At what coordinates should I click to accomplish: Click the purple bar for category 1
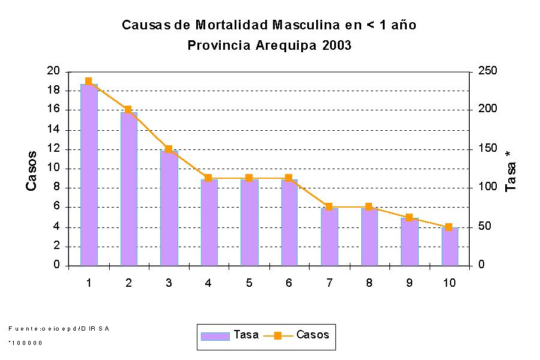coord(89,174)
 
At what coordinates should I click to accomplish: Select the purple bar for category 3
coord(169,207)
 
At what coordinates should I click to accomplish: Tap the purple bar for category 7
coord(329,236)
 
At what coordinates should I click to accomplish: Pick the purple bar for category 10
coord(449,246)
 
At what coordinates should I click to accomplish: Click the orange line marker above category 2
coord(128,110)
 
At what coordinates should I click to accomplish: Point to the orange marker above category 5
coord(248,178)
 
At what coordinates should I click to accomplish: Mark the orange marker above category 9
coord(409,217)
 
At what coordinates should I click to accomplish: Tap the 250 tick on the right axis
coord(487,71)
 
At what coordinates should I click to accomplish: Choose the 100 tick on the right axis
coord(487,187)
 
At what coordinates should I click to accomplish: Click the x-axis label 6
coord(289,283)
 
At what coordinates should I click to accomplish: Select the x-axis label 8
coord(369,283)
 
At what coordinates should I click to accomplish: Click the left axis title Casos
coord(31,171)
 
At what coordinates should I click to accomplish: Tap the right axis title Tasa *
coord(511,171)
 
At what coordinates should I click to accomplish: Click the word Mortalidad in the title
coord(232,25)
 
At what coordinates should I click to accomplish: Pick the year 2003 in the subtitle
coord(336,46)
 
